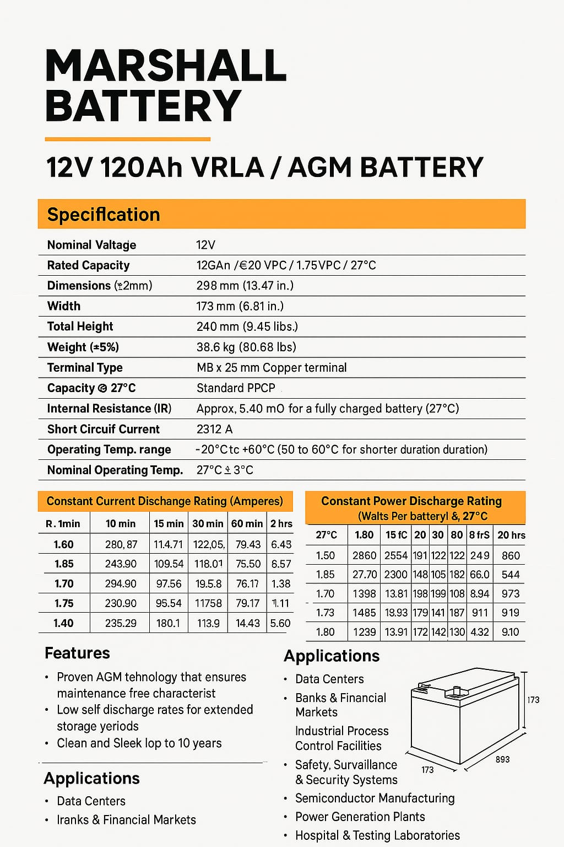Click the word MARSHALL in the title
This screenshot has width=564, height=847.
click(x=165, y=66)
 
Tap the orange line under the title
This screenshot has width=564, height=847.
click(x=127, y=139)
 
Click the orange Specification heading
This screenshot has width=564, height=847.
click(x=104, y=215)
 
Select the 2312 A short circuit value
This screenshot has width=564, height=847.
click(x=214, y=429)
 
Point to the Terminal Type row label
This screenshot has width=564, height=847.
click(x=85, y=368)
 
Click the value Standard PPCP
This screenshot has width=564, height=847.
click(x=236, y=388)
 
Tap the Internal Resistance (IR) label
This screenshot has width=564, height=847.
click(x=109, y=409)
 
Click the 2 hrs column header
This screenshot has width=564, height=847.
click(x=281, y=523)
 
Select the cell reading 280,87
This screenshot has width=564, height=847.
click(x=121, y=544)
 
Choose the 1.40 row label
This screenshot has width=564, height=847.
click(x=63, y=623)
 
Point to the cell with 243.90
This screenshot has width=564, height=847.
click(x=121, y=564)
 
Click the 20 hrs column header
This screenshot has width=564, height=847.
click(x=511, y=535)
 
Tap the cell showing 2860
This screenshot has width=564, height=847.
click(x=364, y=555)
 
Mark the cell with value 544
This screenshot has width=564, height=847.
click(x=511, y=575)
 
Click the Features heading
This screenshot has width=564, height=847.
click(x=77, y=653)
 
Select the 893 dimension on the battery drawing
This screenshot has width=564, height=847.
click(x=502, y=759)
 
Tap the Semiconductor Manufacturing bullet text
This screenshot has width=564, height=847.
click(x=375, y=798)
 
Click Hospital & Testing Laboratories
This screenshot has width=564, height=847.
click(x=377, y=835)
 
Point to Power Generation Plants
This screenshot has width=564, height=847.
click(x=360, y=817)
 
